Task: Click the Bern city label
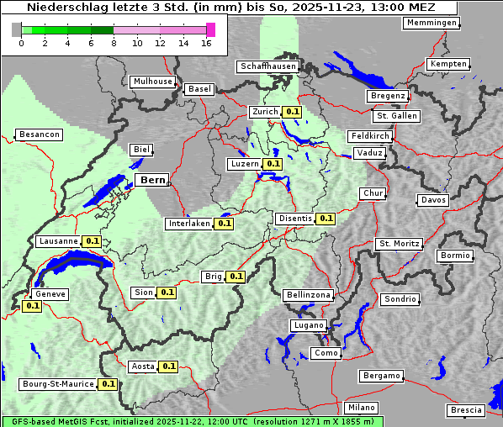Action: [x=153, y=180]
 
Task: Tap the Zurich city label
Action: [x=265, y=111]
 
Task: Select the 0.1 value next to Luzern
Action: [x=273, y=164]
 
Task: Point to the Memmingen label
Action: [x=432, y=23]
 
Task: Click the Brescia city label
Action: [x=466, y=410]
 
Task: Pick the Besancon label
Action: [x=39, y=134]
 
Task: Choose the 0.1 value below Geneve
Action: [x=32, y=306]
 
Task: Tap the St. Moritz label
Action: [x=399, y=244]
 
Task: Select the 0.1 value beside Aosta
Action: [x=169, y=366]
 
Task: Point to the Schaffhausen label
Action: [x=267, y=66]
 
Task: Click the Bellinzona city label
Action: [x=308, y=295]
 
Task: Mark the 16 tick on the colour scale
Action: [x=206, y=44]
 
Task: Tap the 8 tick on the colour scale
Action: [x=114, y=44]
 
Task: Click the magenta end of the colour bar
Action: [x=210, y=29]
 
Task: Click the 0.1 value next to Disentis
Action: [x=326, y=219]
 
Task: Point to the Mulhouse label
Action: [x=152, y=82]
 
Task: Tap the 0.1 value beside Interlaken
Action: [x=224, y=224]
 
